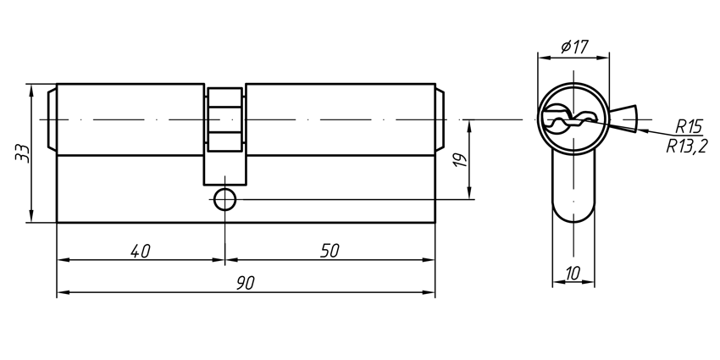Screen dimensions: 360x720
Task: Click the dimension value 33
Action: coord(23,153)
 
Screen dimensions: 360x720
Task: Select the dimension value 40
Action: coord(141,251)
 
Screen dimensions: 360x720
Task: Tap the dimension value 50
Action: coord(330,251)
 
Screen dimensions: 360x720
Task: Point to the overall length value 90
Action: coord(246,283)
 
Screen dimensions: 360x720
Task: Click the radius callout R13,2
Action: coord(687,145)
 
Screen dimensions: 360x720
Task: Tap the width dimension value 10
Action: coord(574,274)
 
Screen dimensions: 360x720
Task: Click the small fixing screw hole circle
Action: coord(224,200)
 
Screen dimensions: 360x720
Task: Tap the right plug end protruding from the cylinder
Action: coord(440,119)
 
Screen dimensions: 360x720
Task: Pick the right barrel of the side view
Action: coord(339,119)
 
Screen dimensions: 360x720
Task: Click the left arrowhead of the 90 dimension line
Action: coord(62,293)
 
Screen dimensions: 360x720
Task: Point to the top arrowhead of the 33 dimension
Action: coord(30,88)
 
